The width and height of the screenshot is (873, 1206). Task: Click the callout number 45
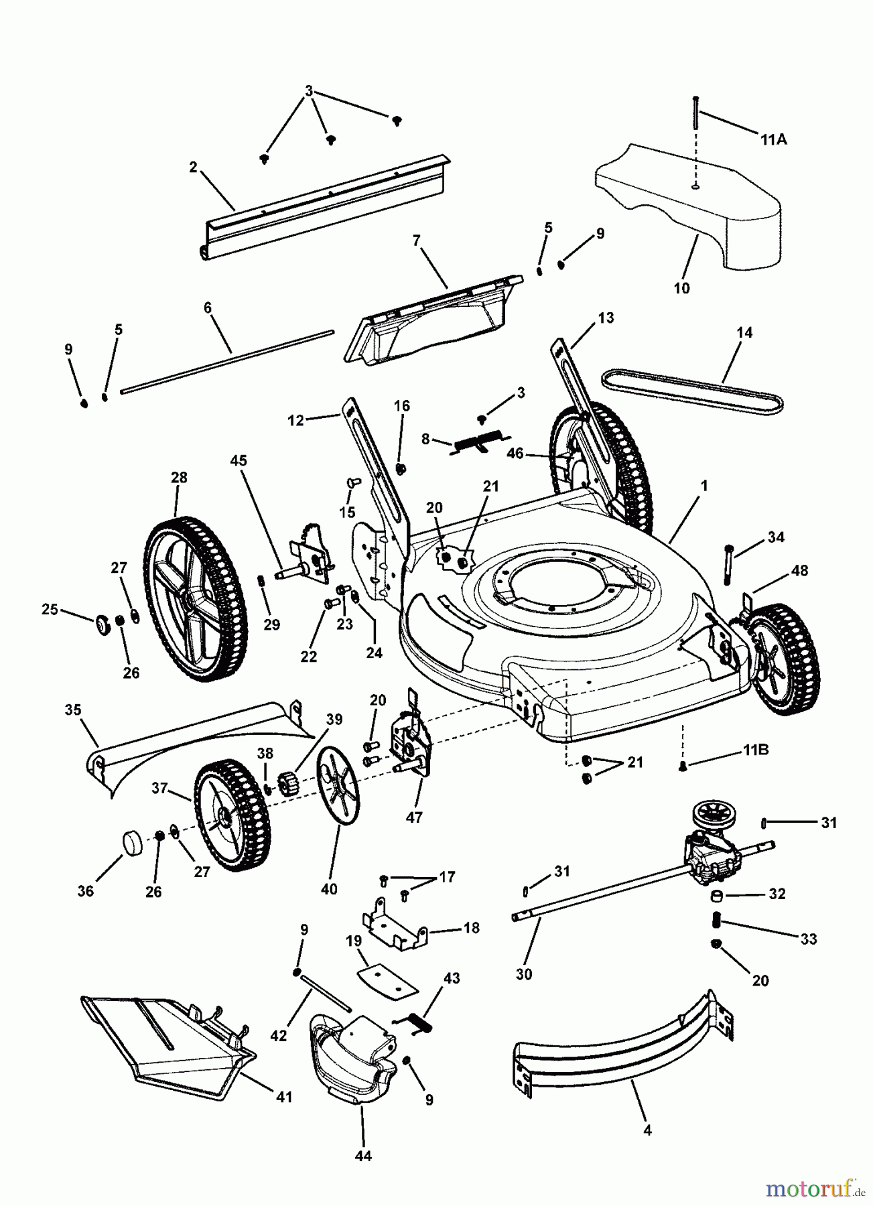pyautogui.click(x=238, y=461)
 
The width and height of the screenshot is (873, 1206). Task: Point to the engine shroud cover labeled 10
pyautogui.click(x=690, y=201)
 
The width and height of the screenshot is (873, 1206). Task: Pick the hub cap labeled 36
pyautogui.click(x=132, y=844)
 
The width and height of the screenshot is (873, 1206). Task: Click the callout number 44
pyautogui.click(x=364, y=1156)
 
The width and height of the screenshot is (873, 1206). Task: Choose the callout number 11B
pyautogui.click(x=755, y=750)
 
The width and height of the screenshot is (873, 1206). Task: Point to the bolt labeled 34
pyautogui.click(x=728, y=564)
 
